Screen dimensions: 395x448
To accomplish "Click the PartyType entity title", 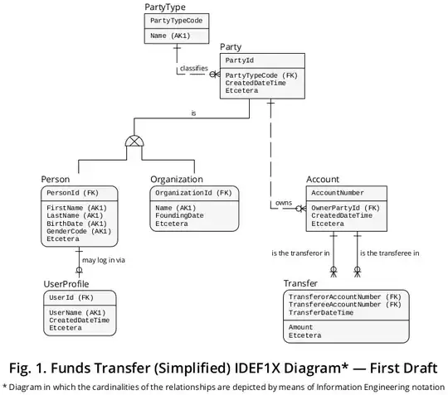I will [x=164, y=7].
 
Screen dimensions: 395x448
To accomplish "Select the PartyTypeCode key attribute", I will [x=175, y=20].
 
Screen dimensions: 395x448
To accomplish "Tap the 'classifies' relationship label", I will [x=194, y=68].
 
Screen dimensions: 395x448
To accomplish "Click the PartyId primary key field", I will [x=240, y=60].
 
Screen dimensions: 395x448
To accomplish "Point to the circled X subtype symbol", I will [x=134, y=141].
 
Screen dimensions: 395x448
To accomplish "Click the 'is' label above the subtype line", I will [x=193, y=113].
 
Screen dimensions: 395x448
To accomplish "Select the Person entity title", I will [x=56, y=179].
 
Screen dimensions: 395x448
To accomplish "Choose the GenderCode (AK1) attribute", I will [x=80, y=231].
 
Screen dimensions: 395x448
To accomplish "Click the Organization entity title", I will [x=176, y=179].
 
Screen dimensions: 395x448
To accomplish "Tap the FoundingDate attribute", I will [x=179, y=215].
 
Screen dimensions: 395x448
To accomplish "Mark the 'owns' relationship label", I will [x=284, y=202].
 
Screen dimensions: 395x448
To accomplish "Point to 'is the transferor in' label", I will [x=300, y=253].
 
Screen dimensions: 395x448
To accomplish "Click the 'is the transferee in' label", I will [x=389, y=253].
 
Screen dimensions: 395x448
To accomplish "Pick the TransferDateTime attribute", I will [x=321, y=313].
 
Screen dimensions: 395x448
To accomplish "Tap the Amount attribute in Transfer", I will [x=300, y=328].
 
